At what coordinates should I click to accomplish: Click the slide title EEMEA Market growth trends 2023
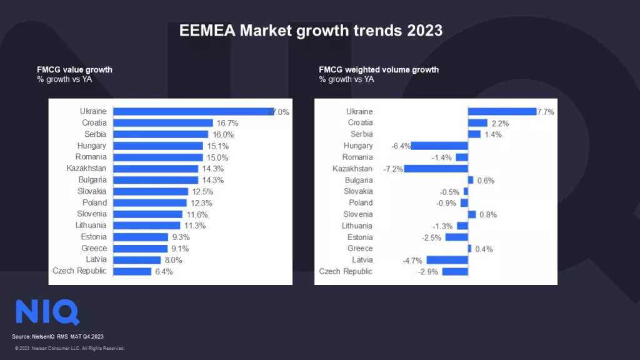click(x=311, y=31)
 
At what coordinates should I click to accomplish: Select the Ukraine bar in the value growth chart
click(x=191, y=112)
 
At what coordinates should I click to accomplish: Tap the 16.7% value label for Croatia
click(x=227, y=123)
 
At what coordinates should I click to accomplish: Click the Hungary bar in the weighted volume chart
click(x=439, y=146)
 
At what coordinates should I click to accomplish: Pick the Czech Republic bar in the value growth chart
click(x=132, y=271)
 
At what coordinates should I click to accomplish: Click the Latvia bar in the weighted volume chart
click(x=447, y=260)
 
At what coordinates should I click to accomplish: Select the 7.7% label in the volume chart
click(x=545, y=112)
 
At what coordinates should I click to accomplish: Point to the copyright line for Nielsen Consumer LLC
click(x=69, y=348)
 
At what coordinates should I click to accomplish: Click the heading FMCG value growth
click(x=75, y=70)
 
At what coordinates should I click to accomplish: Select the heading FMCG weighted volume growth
click(x=379, y=70)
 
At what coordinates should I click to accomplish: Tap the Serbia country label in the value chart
click(x=95, y=134)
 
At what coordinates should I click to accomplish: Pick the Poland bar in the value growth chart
click(x=150, y=203)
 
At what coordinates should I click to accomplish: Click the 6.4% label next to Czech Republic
click(x=164, y=272)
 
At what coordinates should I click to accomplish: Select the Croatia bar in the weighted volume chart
click(x=477, y=123)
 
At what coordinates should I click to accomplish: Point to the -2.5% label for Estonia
click(x=431, y=237)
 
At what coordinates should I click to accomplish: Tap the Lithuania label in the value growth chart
click(x=91, y=226)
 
